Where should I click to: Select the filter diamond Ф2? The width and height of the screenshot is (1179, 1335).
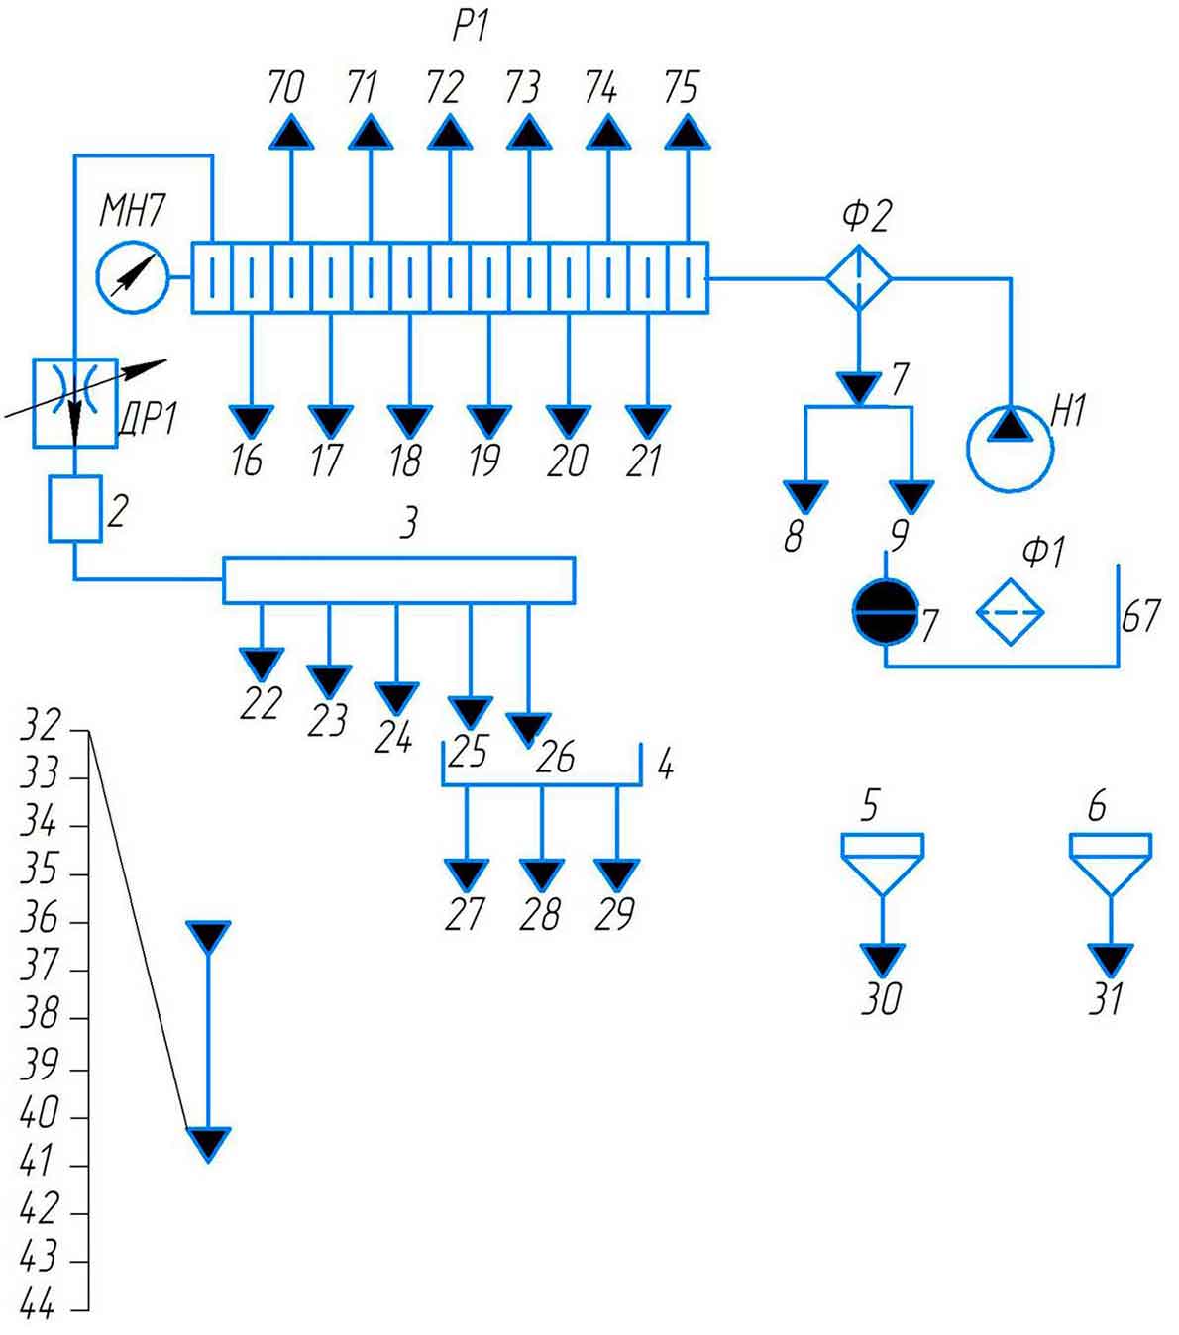click(859, 279)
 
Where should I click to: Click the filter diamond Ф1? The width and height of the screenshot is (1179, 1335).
click(1010, 612)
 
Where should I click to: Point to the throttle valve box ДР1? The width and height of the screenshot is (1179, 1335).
click(75, 402)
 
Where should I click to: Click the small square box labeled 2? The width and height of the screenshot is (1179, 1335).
click(75, 508)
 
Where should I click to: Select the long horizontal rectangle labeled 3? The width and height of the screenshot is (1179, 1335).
click(398, 579)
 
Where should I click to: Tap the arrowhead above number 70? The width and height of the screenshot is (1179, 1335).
click(291, 132)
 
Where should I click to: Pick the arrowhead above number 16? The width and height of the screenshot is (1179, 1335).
click(251, 421)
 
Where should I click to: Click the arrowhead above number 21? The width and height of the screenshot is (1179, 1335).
click(647, 421)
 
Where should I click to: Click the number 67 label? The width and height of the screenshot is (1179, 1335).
click(1140, 616)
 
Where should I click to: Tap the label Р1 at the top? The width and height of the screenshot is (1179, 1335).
click(471, 26)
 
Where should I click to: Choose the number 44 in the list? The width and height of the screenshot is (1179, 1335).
click(38, 1306)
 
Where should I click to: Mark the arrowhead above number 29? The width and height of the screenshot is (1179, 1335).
click(617, 874)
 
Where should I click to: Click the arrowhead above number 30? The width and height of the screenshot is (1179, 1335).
click(882, 959)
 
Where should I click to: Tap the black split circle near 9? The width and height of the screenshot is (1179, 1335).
click(886, 612)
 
